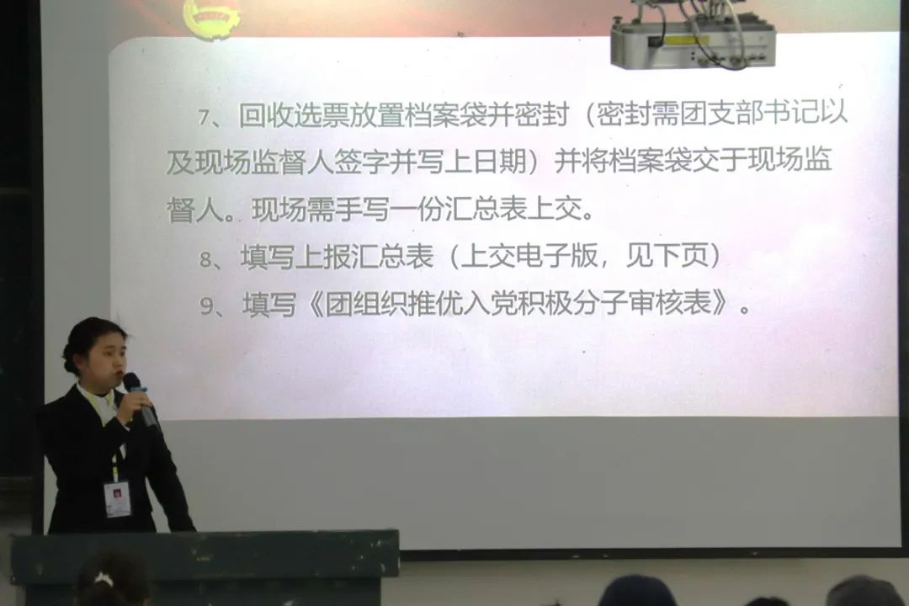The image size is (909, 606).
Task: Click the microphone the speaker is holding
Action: click(140, 399)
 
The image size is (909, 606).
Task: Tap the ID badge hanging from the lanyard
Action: click(118, 498)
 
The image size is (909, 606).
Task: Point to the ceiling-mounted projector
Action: click(694, 33)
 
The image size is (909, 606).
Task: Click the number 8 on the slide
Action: click(205, 259)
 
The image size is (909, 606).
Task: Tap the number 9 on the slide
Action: click(206, 306)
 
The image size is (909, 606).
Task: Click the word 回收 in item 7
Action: click(265, 115)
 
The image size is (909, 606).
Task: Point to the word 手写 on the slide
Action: click(362, 209)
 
